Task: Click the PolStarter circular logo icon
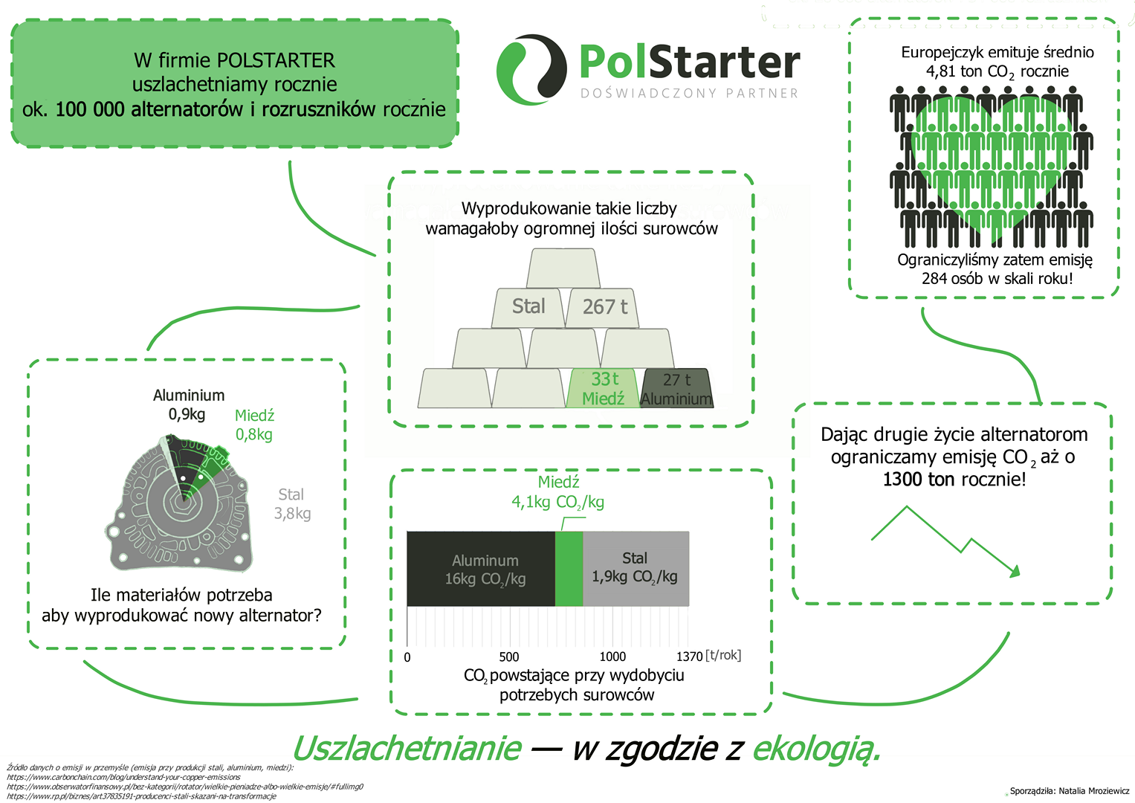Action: [531, 69]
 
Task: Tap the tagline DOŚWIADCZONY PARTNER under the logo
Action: [689, 93]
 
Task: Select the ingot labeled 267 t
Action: [603, 307]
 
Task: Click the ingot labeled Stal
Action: [528, 307]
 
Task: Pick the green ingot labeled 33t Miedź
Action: [603, 388]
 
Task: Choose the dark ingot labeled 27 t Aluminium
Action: [677, 388]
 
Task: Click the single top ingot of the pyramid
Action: [563, 268]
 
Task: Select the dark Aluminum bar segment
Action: [481, 569]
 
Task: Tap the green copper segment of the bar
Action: [569, 569]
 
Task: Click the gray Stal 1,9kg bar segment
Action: [636, 569]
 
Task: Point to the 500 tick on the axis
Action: [508, 657]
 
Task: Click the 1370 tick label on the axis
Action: [689, 657]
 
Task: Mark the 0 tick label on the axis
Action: [407, 657]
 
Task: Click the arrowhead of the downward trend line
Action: [1014, 572]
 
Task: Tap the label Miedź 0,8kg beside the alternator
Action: [254, 425]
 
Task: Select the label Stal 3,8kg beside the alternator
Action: [292, 504]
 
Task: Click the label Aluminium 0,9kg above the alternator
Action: [189, 404]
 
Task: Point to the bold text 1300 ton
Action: [919, 480]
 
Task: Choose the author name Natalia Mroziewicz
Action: [1094, 791]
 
